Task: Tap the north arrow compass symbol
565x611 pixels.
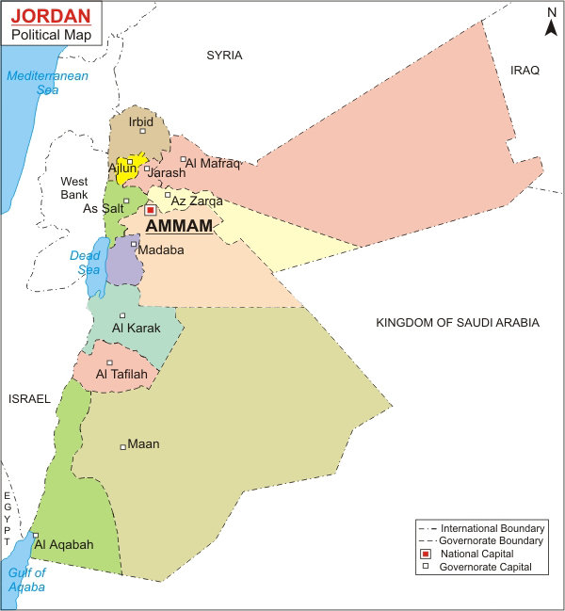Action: (x=551, y=23)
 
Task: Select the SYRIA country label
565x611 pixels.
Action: (x=224, y=56)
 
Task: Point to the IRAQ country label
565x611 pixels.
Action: (x=524, y=71)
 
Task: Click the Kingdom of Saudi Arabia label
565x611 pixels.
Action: (x=457, y=323)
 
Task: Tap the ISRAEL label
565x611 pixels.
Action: (x=28, y=399)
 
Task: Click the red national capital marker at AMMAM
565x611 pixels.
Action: (x=150, y=211)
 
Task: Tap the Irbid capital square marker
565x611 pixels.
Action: (x=142, y=131)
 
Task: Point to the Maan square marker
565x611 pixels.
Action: (x=122, y=446)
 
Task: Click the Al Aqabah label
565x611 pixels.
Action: (x=65, y=544)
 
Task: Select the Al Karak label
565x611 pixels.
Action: (x=136, y=329)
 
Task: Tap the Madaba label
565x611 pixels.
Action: (x=160, y=249)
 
